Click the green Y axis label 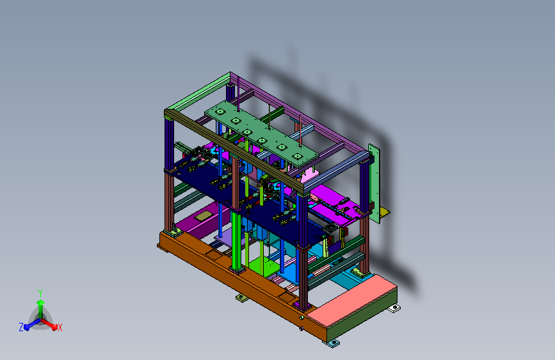point(40,293)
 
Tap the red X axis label point(60,327)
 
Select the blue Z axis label point(21,327)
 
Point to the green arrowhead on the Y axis point(40,302)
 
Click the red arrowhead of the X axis point(54,327)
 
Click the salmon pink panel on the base point(351,299)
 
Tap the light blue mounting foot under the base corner point(333,343)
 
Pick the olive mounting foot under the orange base point(242,298)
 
